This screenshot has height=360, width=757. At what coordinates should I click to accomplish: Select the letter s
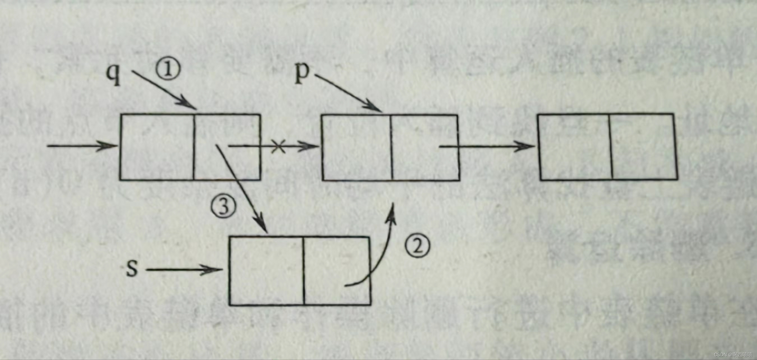132,268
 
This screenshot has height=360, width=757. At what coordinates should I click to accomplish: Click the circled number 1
168,69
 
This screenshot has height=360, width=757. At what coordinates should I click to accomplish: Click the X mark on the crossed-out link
278,146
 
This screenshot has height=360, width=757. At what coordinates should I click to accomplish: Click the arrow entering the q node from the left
82,146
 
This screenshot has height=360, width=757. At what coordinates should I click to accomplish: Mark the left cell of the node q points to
157,147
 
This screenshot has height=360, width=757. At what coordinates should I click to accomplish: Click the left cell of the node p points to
357,147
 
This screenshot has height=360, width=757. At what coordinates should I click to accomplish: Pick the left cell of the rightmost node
575,147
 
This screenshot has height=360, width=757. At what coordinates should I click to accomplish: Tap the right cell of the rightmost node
643,147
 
